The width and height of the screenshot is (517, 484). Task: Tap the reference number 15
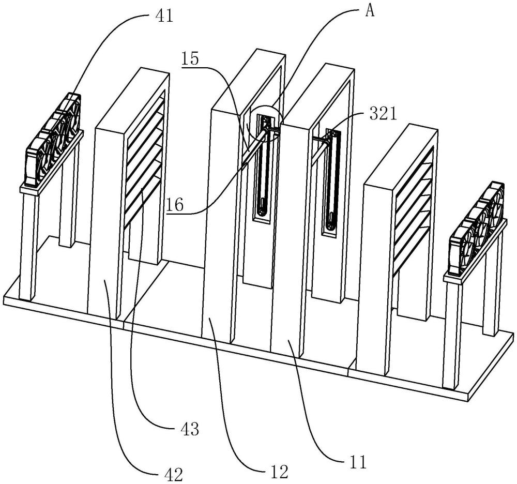(190, 59)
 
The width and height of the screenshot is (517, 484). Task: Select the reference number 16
(174, 205)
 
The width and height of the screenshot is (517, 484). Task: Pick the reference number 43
(190, 429)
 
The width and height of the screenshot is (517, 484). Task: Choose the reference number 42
(173, 475)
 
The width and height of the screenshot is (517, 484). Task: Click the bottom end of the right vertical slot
(329, 227)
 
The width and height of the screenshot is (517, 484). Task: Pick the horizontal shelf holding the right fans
(475, 251)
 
